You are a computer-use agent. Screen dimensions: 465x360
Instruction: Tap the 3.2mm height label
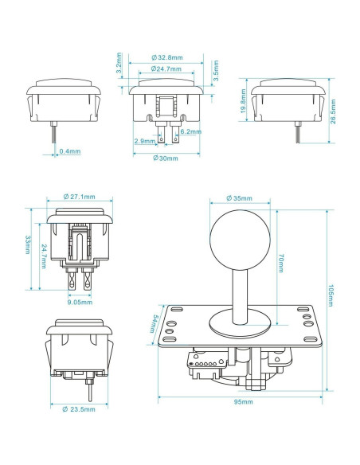(x=119, y=64)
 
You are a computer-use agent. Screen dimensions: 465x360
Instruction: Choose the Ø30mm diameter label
(x=166, y=158)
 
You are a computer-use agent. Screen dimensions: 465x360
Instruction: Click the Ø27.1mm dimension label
(x=79, y=197)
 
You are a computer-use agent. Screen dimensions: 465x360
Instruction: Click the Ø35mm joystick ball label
(x=240, y=197)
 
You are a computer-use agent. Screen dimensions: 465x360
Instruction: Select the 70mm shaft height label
(x=280, y=262)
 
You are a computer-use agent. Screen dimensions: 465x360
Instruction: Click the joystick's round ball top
(x=239, y=238)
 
